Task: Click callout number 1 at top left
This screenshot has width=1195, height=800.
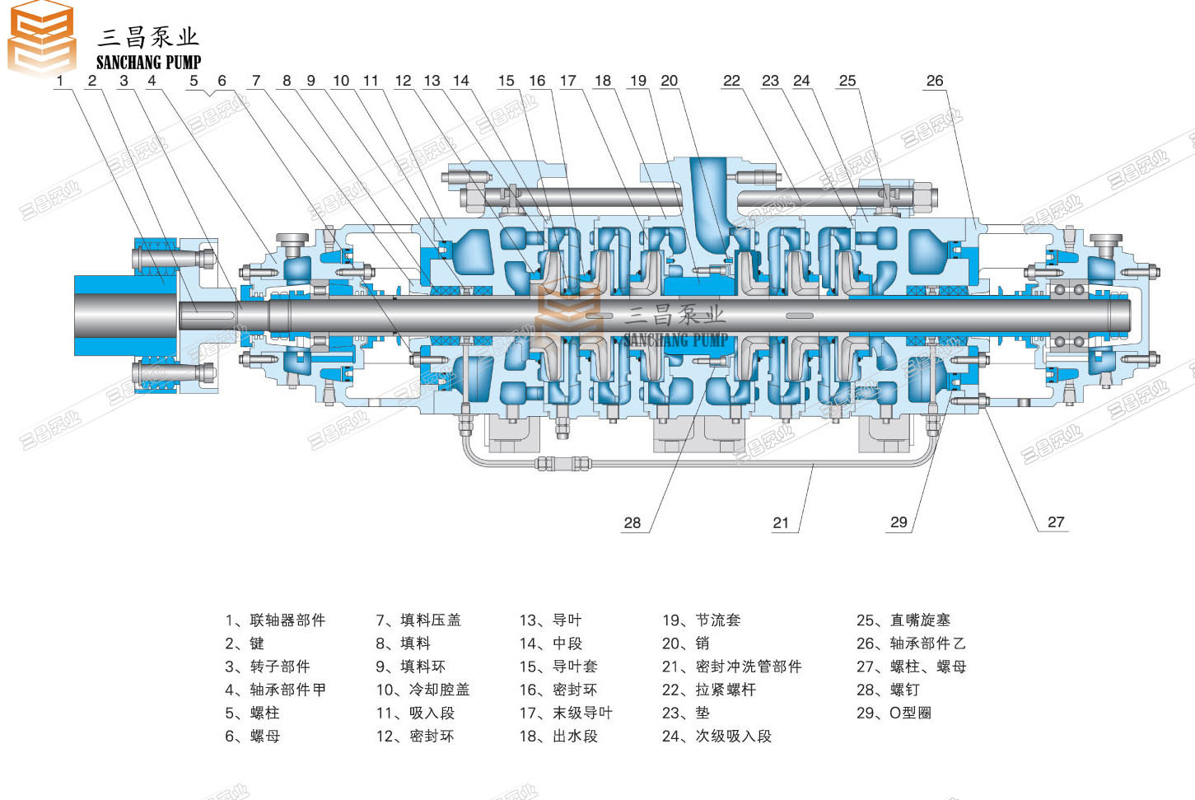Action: click(x=59, y=81)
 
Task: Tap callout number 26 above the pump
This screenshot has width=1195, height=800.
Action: click(x=934, y=81)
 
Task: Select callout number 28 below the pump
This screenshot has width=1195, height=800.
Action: click(x=632, y=522)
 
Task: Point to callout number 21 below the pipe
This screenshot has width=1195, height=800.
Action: click(x=780, y=522)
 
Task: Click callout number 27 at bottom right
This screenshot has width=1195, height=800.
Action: click(x=1055, y=522)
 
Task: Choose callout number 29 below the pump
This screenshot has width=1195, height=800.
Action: click(x=899, y=522)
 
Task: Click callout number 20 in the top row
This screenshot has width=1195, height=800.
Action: click(x=669, y=81)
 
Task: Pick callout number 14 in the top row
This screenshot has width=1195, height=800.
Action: click(x=460, y=81)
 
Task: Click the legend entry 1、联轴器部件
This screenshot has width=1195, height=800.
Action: click(x=275, y=620)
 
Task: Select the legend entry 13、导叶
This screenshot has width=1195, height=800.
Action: click(x=550, y=620)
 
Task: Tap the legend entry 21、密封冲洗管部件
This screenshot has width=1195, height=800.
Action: click(x=731, y=667)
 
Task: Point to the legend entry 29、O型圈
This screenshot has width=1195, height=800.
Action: click(x=894, y=713)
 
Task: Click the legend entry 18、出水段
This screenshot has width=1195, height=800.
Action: click(x=558, y=736)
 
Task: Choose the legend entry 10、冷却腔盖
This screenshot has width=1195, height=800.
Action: click(x=422, y=690)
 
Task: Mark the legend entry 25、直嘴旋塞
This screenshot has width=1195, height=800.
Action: click(x=903, y=620)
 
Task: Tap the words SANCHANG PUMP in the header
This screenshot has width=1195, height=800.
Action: click(x=148, y=63)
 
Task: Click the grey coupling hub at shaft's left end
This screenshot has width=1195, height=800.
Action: click(x=125, y=315)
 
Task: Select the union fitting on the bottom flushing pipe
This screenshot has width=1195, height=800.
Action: click(x=563, y=463)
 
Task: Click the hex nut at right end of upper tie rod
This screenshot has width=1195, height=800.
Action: click(x=925, y=196)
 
